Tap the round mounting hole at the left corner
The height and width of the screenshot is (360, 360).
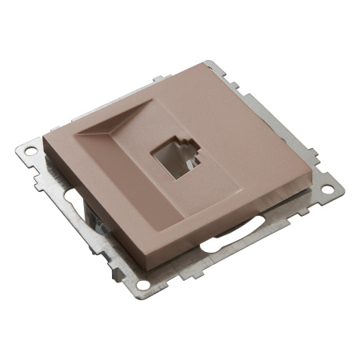30,150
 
